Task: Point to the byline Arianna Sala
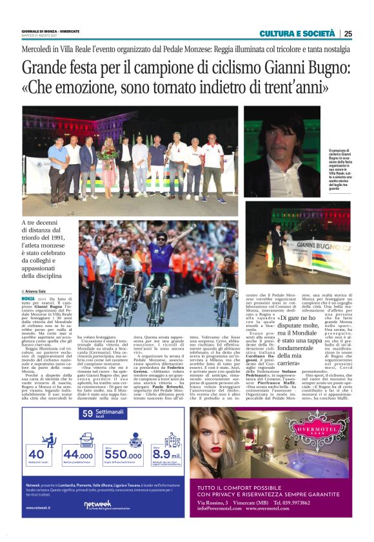(39, 292)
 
